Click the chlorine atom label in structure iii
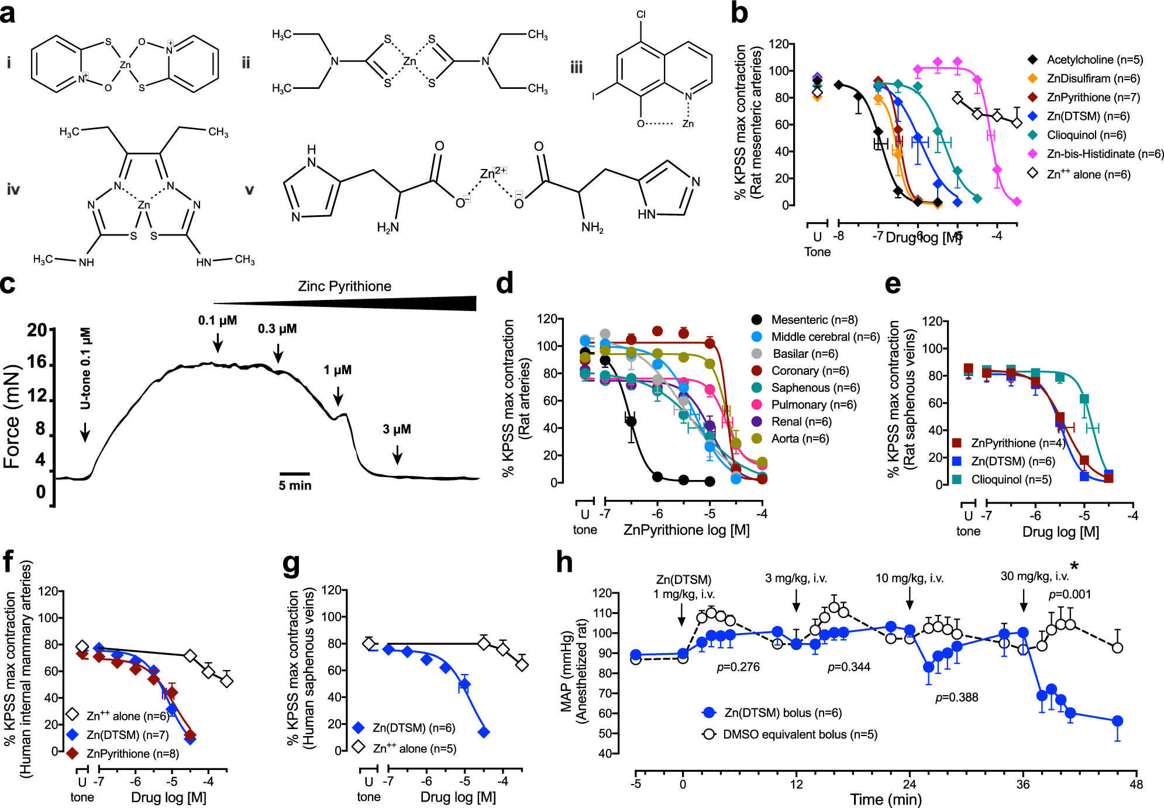641,15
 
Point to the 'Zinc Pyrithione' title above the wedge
345,286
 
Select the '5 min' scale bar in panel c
295,474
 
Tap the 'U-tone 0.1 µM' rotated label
85,368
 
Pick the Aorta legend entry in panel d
800,438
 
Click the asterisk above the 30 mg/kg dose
1074,566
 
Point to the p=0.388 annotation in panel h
956,697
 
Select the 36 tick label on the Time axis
1023,784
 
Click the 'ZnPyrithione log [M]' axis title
686,530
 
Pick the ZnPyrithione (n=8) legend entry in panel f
132,754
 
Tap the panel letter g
291,564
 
